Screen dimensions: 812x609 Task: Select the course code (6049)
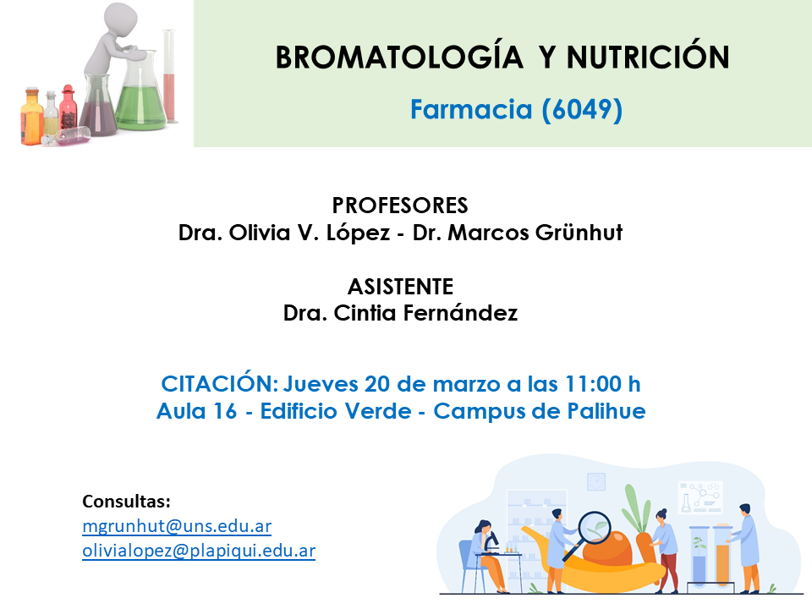582,109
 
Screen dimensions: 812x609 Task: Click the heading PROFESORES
400,206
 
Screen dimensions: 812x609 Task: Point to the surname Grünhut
579,233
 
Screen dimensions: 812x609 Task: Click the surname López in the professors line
358,233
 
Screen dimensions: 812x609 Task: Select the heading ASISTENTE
400,287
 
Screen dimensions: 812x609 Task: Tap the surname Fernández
460,313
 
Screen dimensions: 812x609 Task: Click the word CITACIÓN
220,384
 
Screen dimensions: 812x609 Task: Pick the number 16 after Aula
225,411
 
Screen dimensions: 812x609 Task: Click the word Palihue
606,411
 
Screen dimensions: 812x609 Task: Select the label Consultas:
126,502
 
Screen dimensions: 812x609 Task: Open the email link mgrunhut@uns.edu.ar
177,526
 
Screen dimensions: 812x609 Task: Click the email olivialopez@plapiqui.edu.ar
199,551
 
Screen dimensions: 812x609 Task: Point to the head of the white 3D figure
121,19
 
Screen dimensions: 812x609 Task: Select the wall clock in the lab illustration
596,481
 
